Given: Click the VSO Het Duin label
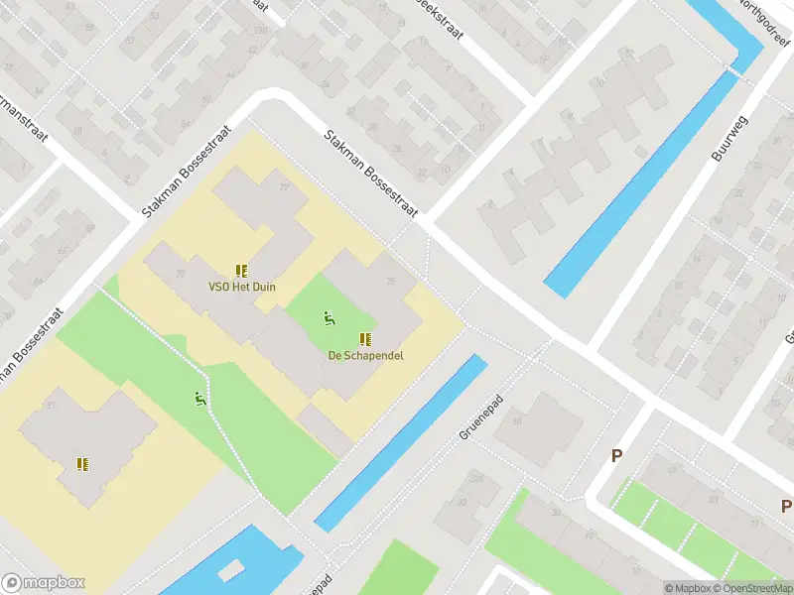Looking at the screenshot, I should click(242, 288).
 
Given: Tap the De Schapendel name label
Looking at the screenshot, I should click(366, 355).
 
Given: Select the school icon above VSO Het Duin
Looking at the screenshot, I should click(241, 270).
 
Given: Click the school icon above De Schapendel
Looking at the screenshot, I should click(365, 338).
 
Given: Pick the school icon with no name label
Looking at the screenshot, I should click(83, 463).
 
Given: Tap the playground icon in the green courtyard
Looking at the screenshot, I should click(329, 318).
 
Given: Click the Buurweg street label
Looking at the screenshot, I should click(728, 138).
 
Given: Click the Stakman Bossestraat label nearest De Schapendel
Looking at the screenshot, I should click(370, 175).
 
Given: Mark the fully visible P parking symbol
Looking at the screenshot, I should click(616, 456).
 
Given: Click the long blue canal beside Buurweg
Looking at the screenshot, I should click(645, 183).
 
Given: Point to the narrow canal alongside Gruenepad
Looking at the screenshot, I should click(402, 441).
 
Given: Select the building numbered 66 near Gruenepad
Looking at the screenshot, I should click(517, 419).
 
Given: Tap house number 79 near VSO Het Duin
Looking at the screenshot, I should click(180, 273).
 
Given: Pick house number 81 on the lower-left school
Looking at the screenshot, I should click(50, 406).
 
